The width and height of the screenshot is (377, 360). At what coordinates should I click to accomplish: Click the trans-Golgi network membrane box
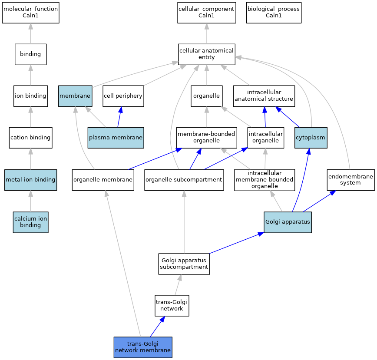(143, 347)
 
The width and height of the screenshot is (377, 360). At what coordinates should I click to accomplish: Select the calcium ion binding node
(30, 222)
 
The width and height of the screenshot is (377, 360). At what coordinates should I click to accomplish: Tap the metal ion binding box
(30, 180)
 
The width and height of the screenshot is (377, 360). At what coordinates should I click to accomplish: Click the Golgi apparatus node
(288, 222)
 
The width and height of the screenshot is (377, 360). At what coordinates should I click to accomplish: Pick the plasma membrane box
(116, 138)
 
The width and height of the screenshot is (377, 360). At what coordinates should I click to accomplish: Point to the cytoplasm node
(311, 138)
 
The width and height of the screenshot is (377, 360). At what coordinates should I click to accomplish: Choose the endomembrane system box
(351, 180)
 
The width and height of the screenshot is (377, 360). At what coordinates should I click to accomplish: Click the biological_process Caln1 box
(274, 13)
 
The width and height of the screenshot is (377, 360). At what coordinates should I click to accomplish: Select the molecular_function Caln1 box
(30, 13)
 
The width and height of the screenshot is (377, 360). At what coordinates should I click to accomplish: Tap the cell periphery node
(123, 96)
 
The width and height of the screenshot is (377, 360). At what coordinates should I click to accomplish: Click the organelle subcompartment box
(184, 180)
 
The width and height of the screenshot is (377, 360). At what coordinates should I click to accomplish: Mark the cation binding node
(30, 138)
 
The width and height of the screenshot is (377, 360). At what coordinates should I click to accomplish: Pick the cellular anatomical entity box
(207, 54)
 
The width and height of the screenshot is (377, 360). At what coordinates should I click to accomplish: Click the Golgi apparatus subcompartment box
(184, 264)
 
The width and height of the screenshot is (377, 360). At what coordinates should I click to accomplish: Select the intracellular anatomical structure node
(264, 96)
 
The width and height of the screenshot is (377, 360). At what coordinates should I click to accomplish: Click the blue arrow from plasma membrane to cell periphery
(119, 117)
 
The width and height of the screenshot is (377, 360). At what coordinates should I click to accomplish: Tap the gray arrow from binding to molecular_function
(30, 33)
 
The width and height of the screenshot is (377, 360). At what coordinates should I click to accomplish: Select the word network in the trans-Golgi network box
(172, 309)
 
